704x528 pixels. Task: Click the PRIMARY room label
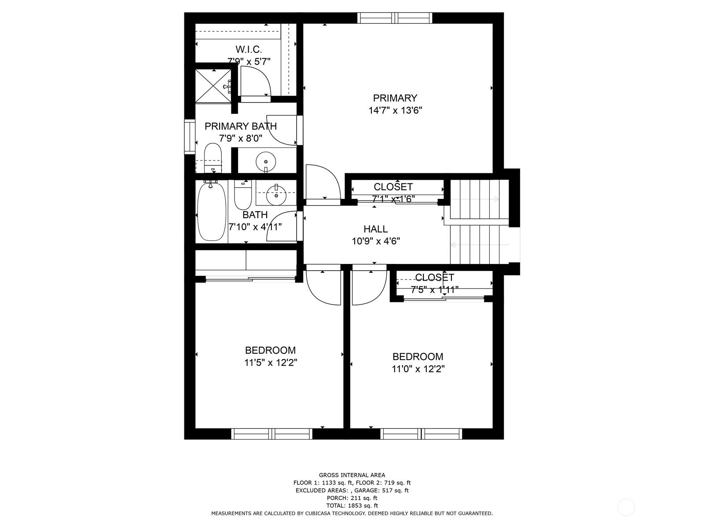coord(395,98)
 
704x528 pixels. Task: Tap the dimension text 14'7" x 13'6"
coord(395,110)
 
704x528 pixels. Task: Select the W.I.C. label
coord(249,49)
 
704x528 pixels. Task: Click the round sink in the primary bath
coord(266,161)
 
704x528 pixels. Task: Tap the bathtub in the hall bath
coord(212,212)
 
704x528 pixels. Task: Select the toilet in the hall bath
coord(242,196)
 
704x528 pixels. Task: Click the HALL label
coord(375,229)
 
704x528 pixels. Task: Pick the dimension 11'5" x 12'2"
coord(270,363)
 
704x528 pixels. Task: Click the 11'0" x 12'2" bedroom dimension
coord(418,369)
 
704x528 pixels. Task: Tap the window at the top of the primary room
coord(394,18)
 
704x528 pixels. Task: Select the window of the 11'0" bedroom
coord(421,434)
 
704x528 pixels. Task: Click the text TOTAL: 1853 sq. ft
coord(352,506)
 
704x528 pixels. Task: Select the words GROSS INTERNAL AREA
coord(352,475)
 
